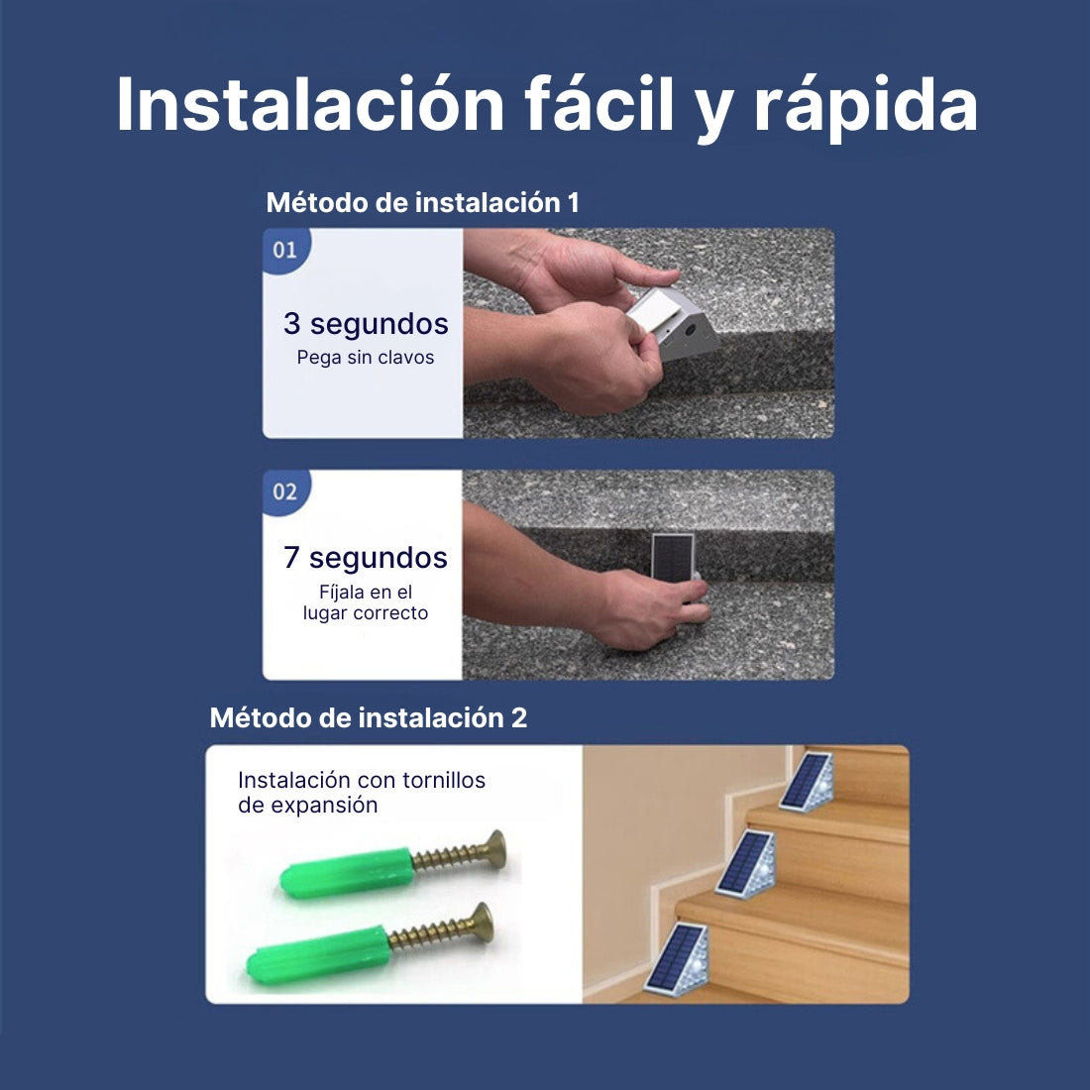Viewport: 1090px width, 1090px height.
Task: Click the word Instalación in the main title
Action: (310, 104)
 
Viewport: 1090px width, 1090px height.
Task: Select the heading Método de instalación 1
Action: (423, 203)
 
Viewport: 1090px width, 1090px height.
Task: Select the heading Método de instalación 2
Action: (369, 718)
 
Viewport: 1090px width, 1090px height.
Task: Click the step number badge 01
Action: (285, 250)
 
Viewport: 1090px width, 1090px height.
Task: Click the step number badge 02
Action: (285, 491)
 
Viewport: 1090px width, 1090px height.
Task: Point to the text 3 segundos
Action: (366, 324)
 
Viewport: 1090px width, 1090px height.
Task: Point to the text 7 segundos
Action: (366, 558)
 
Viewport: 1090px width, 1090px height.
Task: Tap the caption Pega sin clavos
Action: (366, 358)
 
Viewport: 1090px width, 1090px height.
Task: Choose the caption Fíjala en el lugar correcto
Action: (366, 602)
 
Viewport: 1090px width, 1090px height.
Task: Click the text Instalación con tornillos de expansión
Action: (362, 793)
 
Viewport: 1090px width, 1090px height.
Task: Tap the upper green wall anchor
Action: (347, 872)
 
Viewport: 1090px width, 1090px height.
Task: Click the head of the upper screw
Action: (494, 849)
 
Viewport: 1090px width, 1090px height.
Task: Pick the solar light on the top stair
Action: (807, 782)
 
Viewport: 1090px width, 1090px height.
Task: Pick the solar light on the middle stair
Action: (746, 864)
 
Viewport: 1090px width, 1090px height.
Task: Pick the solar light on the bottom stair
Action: (677, 959)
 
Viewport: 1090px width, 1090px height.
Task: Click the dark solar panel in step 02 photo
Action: (672, 556)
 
